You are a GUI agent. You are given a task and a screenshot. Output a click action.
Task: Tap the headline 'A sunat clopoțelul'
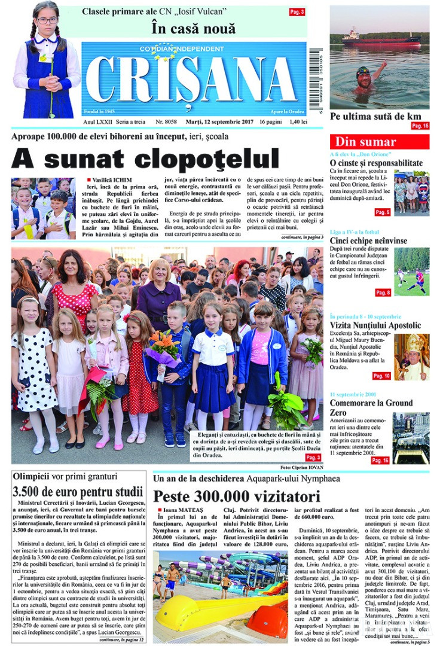[x=145, y=159]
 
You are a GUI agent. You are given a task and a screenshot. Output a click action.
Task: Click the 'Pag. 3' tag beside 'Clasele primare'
[x=297, y=12]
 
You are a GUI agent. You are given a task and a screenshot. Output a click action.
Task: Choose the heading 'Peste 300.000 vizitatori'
[x=237, y=496]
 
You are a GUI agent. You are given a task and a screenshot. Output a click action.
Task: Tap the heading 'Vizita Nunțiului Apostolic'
[x=375, y=325]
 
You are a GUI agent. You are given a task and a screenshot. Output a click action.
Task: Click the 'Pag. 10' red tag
[x=381, y=376]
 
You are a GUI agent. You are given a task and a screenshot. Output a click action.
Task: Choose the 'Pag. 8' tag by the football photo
[x=383, y=292]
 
